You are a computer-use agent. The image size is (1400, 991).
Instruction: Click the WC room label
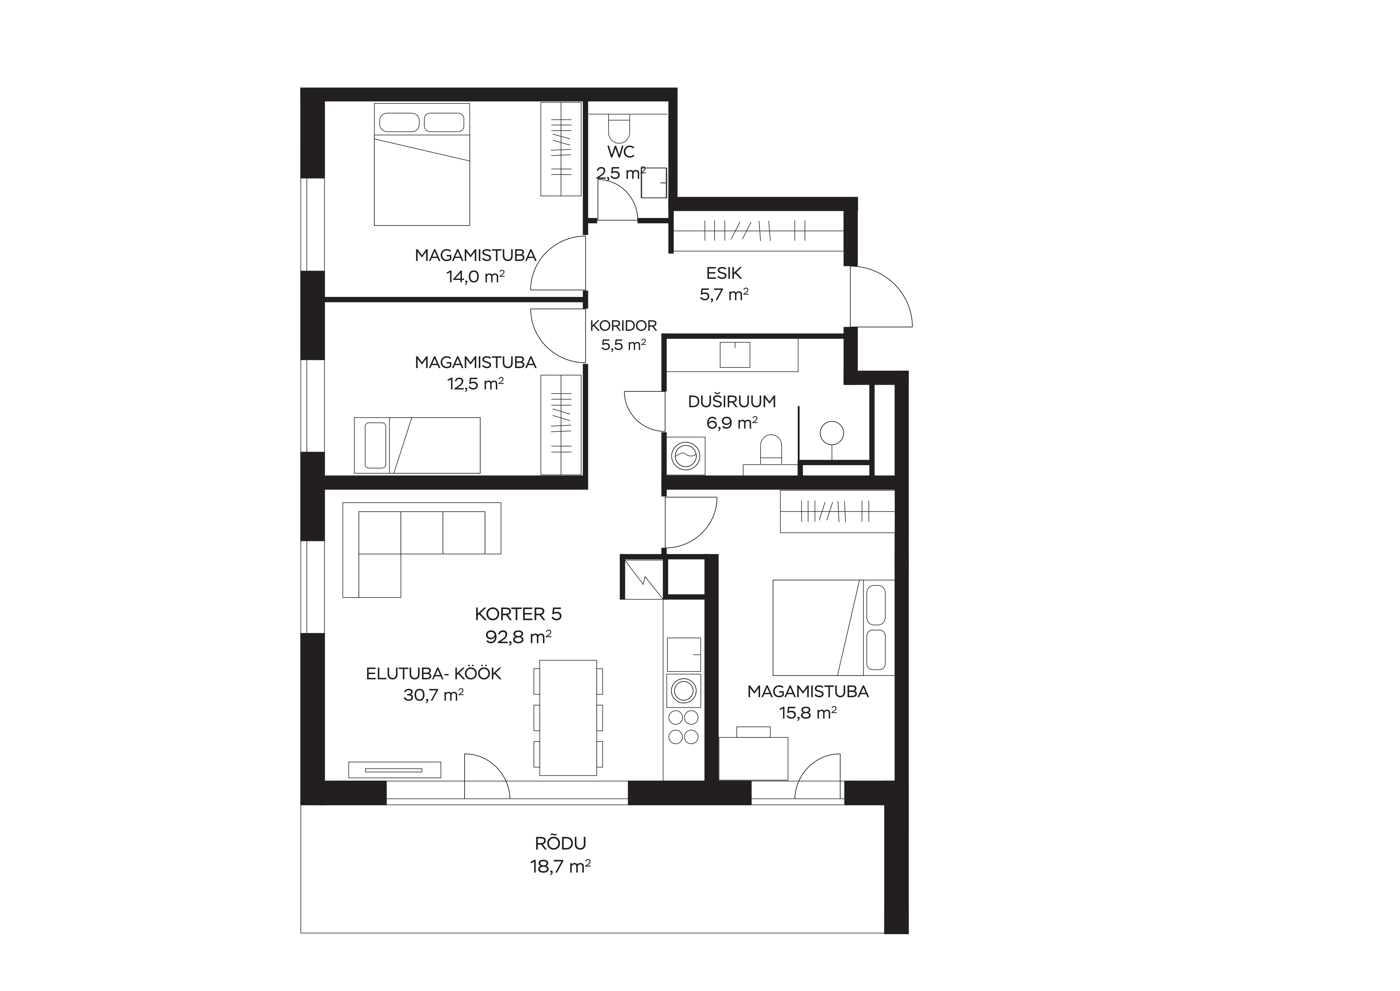[621, 152]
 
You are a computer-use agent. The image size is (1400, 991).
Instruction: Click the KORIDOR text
[623, 326]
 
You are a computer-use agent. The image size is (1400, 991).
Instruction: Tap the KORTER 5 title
[518, 614]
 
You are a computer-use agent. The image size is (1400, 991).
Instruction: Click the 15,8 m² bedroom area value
[808, 713]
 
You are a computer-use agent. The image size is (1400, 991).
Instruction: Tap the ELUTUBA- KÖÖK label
[433, 674]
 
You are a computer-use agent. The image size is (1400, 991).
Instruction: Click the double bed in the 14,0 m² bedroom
[422, 164]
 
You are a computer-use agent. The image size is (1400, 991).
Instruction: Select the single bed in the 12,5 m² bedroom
[417, 445]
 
